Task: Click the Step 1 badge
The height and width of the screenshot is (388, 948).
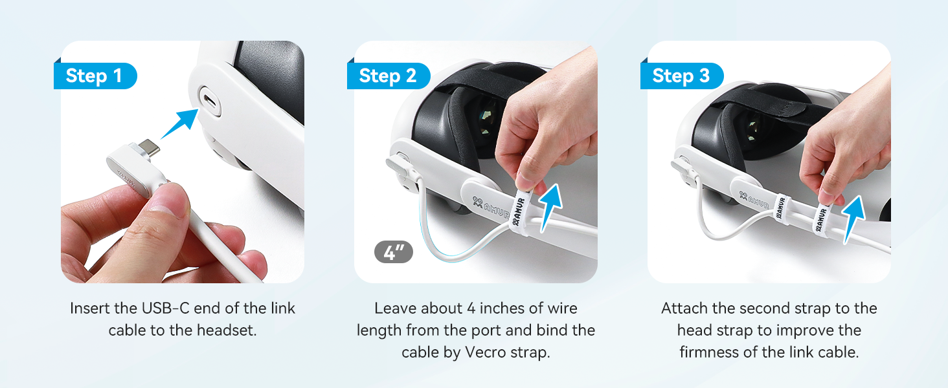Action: (95, 76)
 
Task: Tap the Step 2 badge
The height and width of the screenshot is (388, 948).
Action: (389, 76)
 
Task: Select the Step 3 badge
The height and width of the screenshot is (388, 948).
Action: (682, 76)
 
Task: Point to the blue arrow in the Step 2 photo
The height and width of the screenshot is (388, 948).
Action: (551, 207)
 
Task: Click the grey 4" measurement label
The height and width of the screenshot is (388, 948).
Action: (394, 253)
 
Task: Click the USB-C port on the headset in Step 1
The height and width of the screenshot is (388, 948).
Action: (210, 101)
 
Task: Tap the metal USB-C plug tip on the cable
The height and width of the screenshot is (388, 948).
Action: (148, 148)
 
